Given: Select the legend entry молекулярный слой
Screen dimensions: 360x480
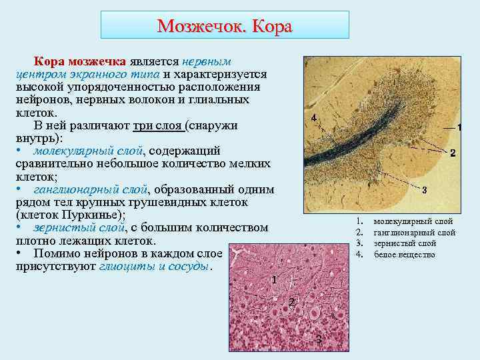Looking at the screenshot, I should pos(413,221).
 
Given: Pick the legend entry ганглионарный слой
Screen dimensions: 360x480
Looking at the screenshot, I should pos(415,233).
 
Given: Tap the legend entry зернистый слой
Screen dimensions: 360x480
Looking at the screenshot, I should pos(405,243).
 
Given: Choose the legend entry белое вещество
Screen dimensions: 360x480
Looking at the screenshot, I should pos(405,254).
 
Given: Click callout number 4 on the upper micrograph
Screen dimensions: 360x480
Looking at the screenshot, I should pos(314,119).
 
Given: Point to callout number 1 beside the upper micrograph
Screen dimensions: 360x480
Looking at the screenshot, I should pos(459,127).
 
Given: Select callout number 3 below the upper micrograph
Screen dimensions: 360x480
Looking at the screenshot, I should pos(425,190).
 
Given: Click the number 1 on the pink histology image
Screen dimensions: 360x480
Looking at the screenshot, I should pos(274,279).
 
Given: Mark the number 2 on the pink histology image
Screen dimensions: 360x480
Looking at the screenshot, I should pos(291,302).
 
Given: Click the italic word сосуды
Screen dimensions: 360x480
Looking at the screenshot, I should pos(189,266).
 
